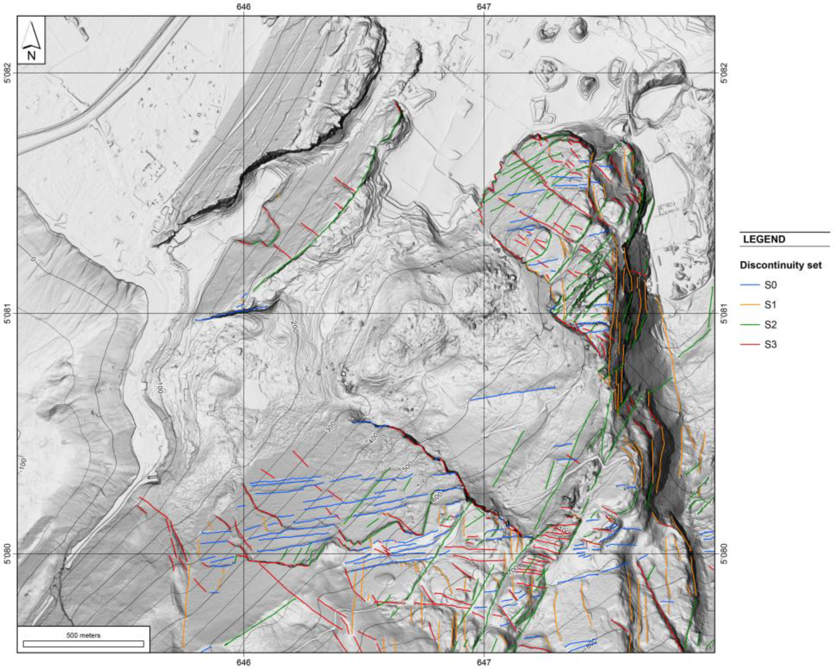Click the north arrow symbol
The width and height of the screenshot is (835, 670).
coord(31,40)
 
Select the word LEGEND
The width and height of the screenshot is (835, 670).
coord(764,239)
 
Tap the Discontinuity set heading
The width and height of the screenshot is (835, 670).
coord(780,265)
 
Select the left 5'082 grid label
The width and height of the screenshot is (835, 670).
coord(7,73)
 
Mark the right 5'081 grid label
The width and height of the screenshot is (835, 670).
coord(724,314)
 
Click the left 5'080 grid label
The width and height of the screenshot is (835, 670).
coord(7,554)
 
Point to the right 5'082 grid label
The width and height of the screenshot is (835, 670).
coord(724,73)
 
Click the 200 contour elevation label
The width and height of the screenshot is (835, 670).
coord(294,326)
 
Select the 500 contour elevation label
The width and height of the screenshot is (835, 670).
coord(407,467)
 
